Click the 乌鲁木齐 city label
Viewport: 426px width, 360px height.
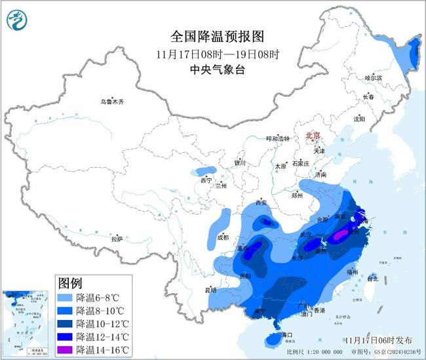[x=111, y=102]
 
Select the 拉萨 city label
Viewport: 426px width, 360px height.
[x=117, y=239]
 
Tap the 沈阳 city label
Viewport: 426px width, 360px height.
[x=358, y=119]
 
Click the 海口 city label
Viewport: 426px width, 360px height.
[x=283, y=334]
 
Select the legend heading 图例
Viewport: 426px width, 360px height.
[x=70, y=283]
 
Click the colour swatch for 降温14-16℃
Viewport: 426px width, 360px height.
[x=66, y=350]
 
